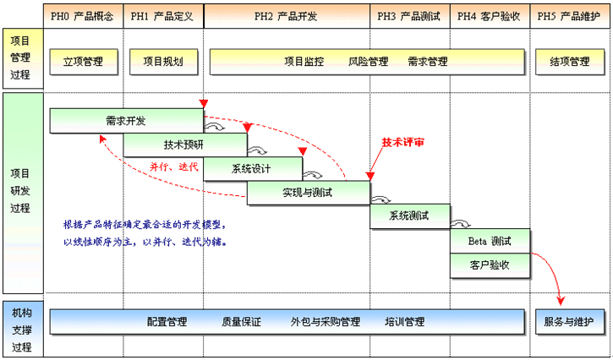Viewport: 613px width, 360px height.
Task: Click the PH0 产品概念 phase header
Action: pos(82,16)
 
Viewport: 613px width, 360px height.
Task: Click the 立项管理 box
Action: pos(82,62)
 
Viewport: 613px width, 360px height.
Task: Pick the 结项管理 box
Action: pos(569,62)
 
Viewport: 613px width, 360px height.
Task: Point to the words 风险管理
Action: pos(368,62)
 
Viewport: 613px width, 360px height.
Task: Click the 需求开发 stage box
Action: pos(126,121)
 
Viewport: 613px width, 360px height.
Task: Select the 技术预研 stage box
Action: pos(185,145)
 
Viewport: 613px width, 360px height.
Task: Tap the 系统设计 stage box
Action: pos(251,168)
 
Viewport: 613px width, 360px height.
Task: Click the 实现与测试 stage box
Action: pos(308,193)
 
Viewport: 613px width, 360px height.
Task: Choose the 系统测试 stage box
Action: pos(408,216)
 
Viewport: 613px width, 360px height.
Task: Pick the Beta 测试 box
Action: pos(490,241)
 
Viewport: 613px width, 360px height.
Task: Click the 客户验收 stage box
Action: pos(490,265)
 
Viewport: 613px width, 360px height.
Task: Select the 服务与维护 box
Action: pos(569,321)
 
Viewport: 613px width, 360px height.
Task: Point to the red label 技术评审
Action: pos(403,143)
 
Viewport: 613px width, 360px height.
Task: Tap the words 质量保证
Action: pos(241,322)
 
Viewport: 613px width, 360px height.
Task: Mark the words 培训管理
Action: pos(404,322)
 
